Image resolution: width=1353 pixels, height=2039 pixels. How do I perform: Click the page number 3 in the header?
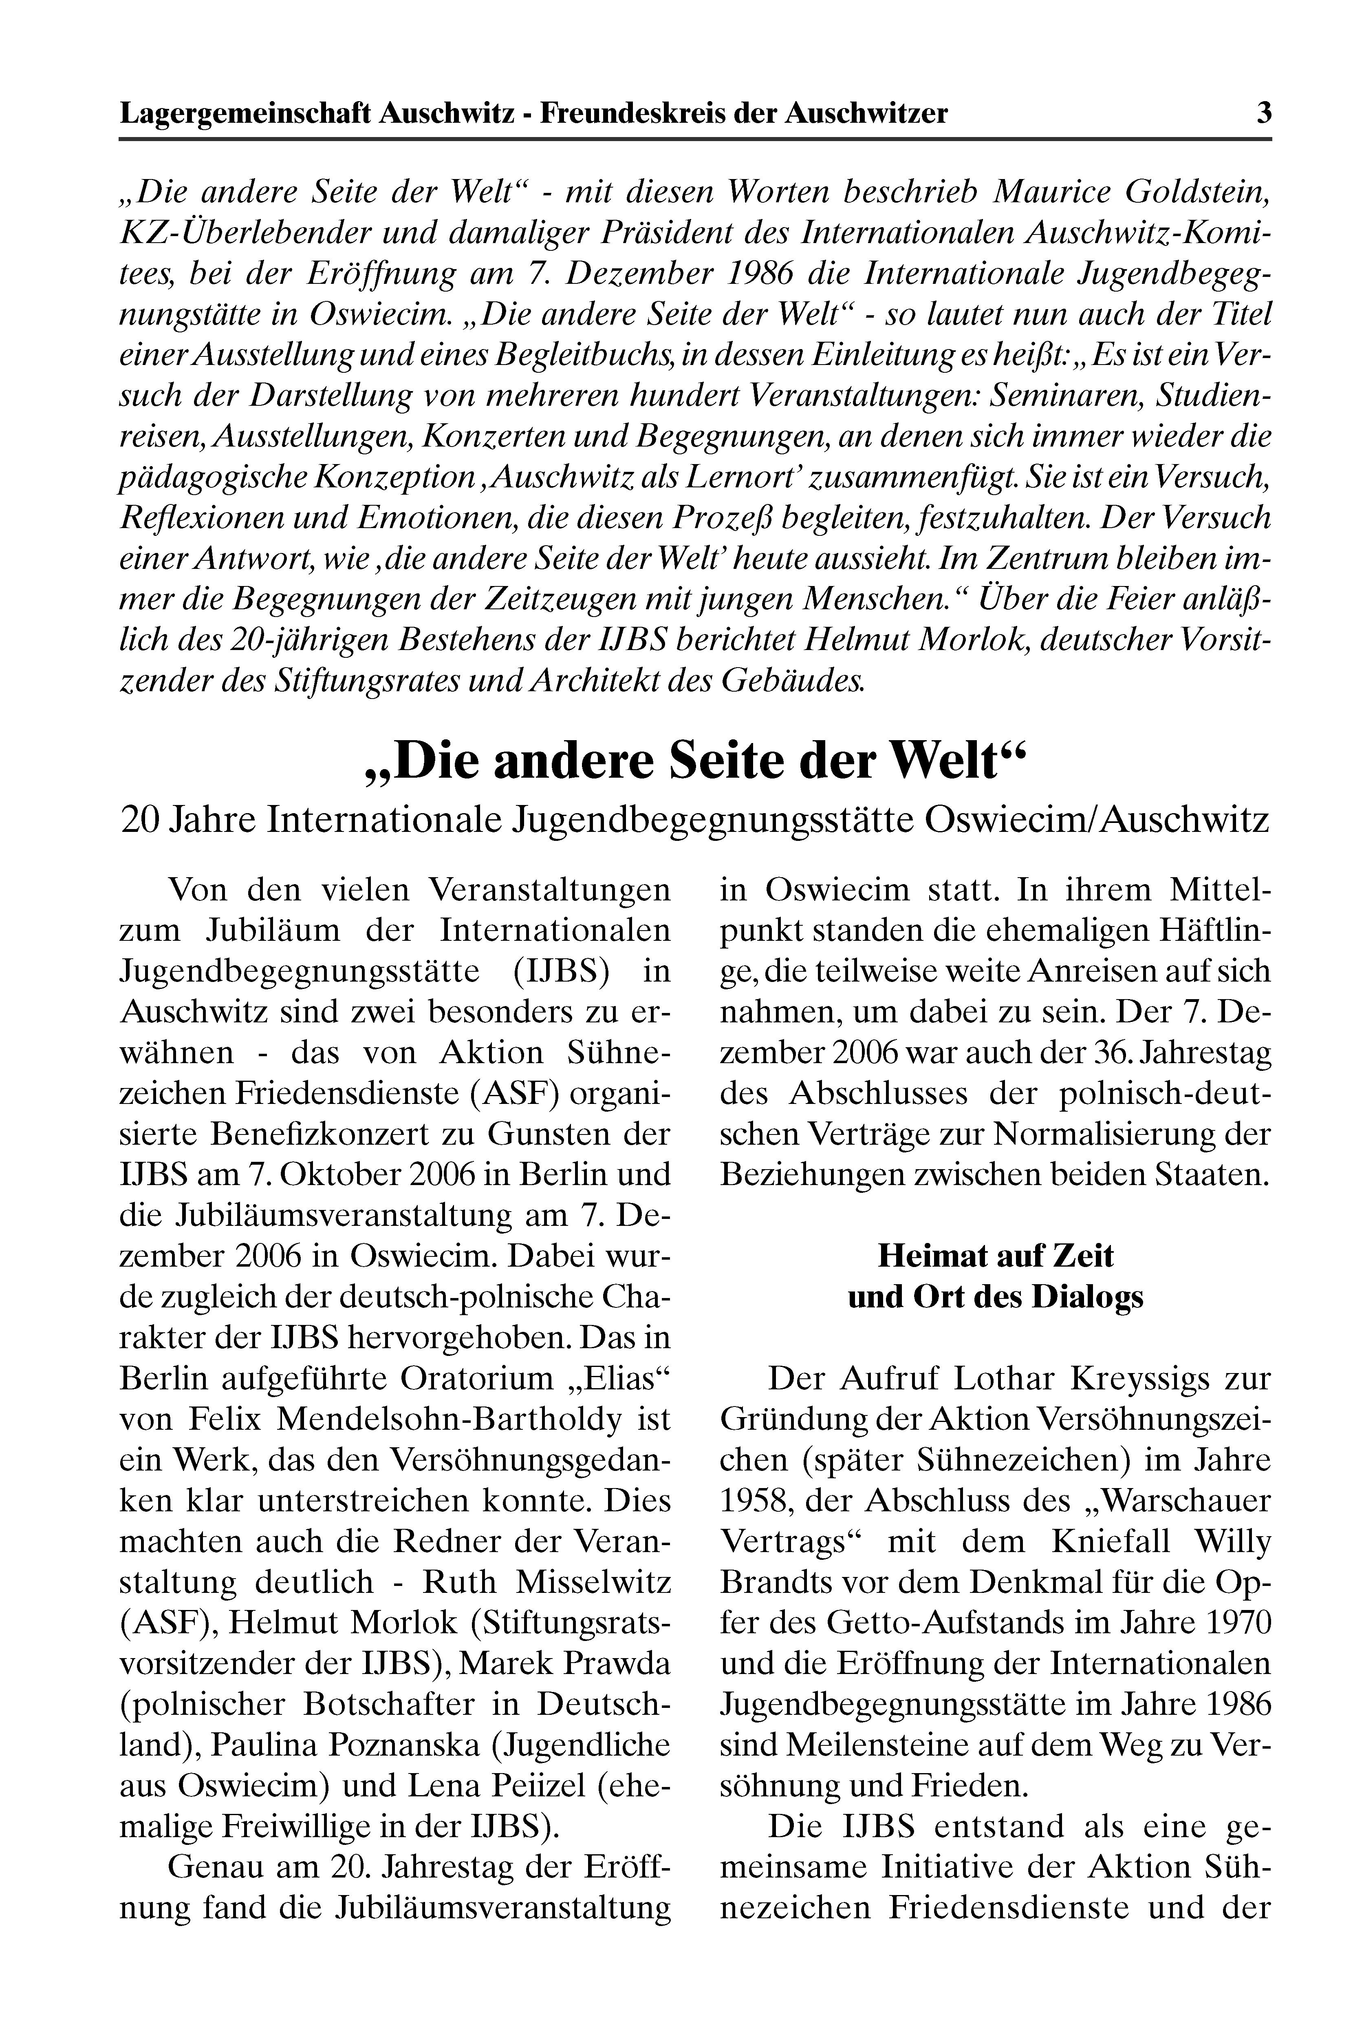(x=1263, y=113)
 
